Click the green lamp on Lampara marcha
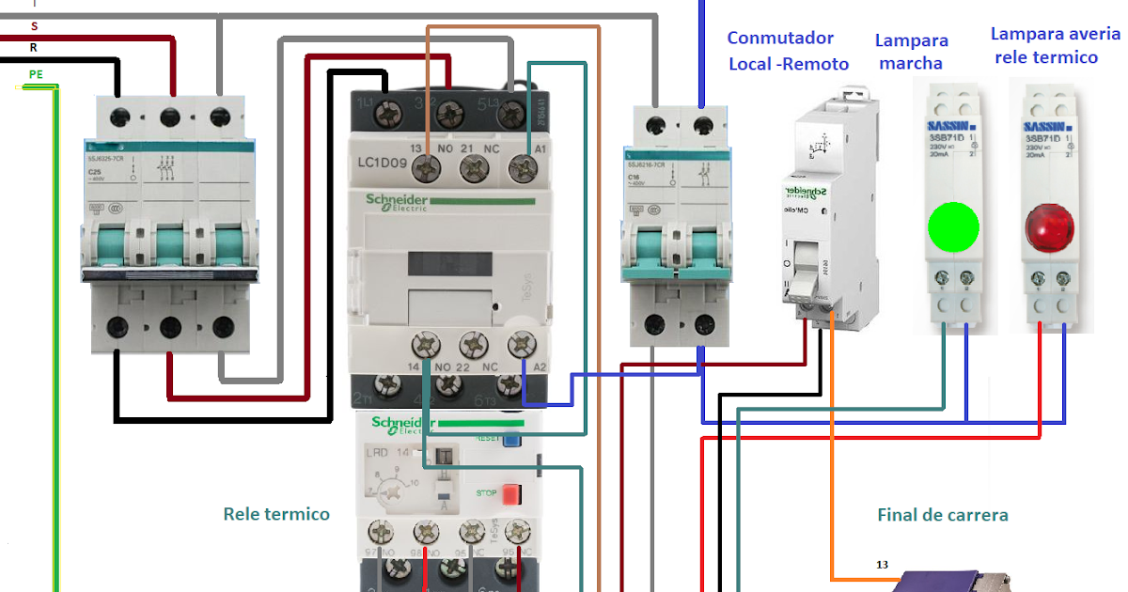click(953, 226)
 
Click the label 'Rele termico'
click(276, 514)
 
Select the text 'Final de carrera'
click(942, 515)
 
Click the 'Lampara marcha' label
click(911, 52)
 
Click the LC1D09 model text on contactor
click(381, 163)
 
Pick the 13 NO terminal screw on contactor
click(429, 169)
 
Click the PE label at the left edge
click(36, 73)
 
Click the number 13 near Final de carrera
click(881, 565)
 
